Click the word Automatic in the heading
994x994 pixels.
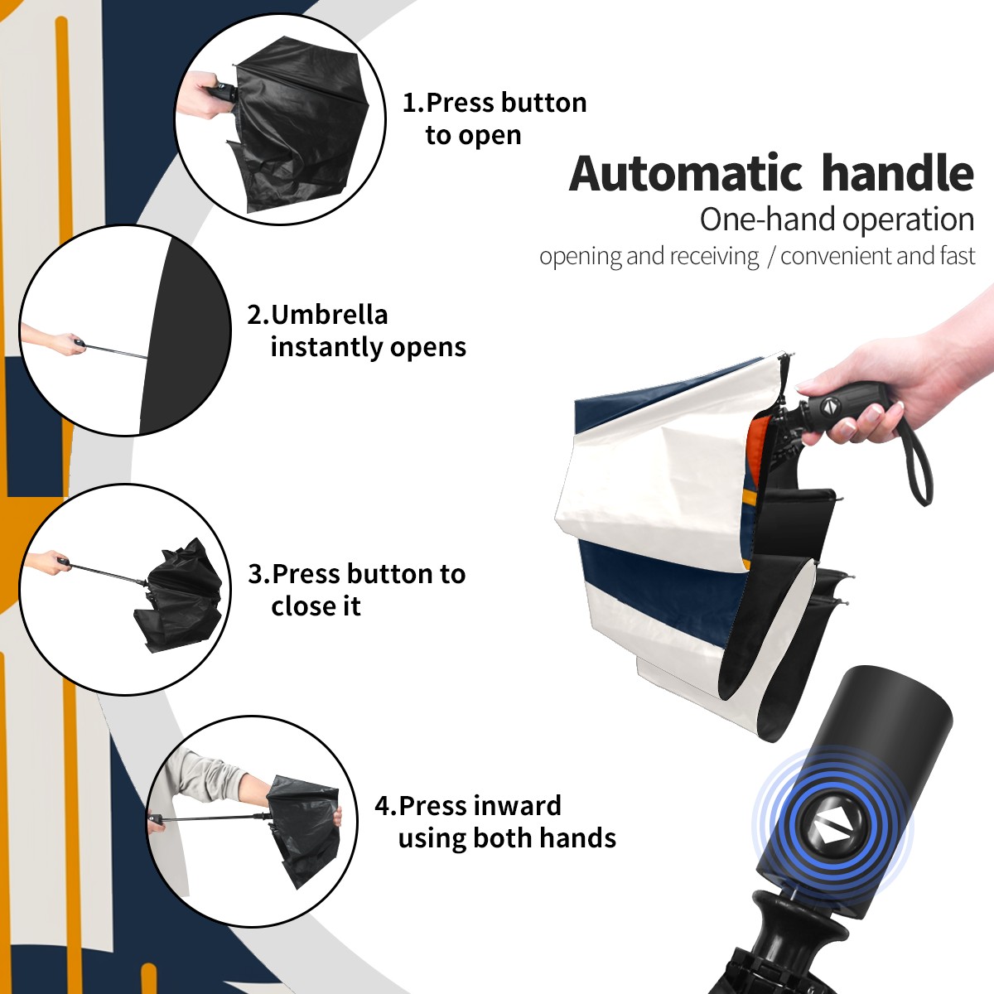[x=686, y=173]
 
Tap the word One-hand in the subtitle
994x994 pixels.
[x=769, y=220]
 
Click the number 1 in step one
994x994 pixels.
[x=410, y=103]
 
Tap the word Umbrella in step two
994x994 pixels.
[x=329, y=315]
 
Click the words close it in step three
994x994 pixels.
[x=316, y=606]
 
